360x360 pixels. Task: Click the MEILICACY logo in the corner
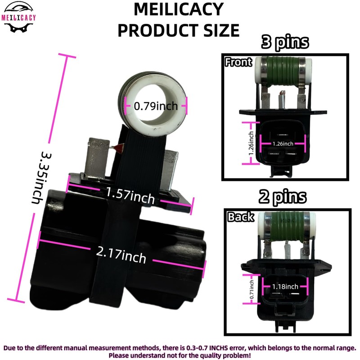[18, 17]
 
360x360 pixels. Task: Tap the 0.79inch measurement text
[156, 106]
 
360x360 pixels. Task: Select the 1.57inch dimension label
[130, 195]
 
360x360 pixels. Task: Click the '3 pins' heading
[285, 42]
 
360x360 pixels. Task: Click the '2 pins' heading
[283, 197]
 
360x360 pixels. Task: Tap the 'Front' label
[238, 62]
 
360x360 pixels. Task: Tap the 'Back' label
[241, 217]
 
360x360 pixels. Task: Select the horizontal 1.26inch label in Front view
[283, 144]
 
